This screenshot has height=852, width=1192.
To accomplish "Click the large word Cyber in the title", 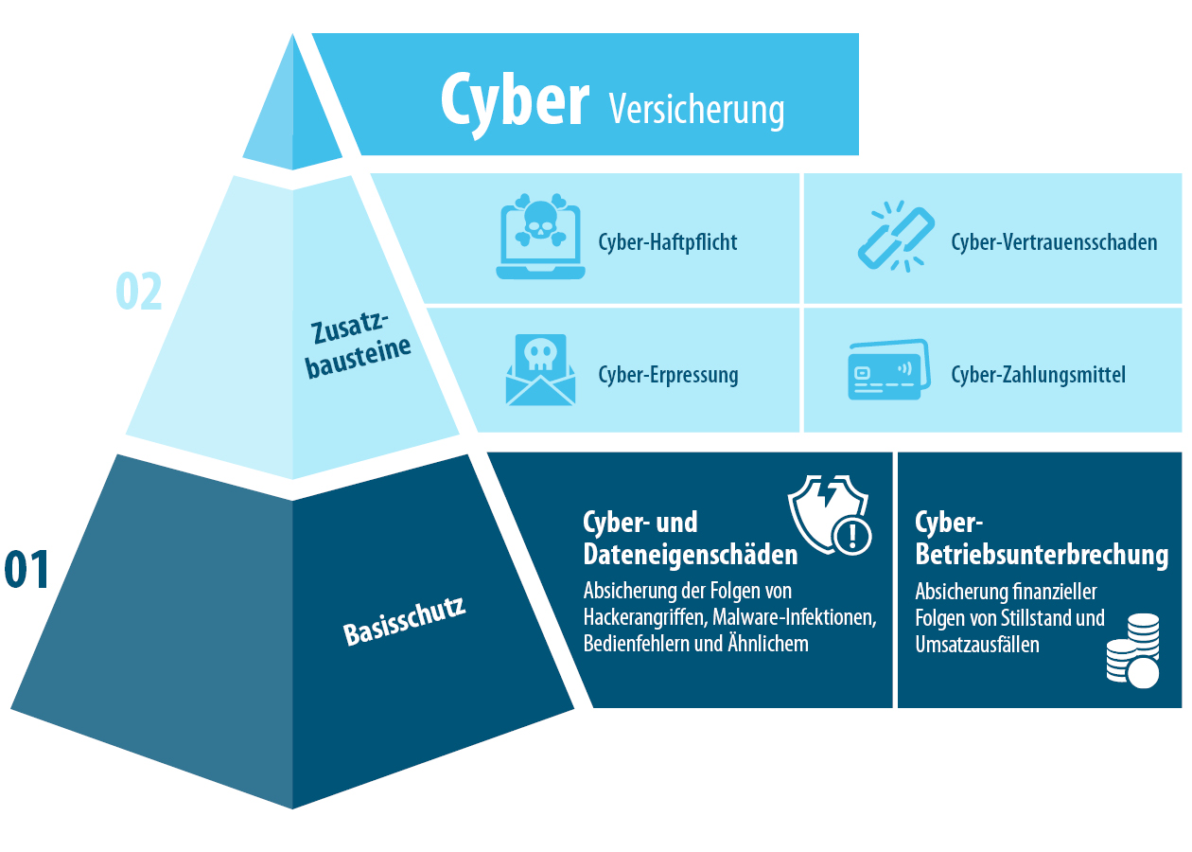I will (x=515, y=99).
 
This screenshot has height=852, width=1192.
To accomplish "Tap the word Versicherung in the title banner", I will (x=696, y=109).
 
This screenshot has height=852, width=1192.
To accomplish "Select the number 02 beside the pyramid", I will (x=139, y=292).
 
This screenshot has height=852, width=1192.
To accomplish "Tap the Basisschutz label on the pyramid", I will (x=405, y=620).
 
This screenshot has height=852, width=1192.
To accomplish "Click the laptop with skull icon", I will (x=540, y=237).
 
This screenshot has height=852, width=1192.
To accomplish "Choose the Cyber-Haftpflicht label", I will (x=667, y=242).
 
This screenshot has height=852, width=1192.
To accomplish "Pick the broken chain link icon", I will (x=893, y=237).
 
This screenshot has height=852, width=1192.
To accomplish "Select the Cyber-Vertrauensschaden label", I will (x=1054, y=242).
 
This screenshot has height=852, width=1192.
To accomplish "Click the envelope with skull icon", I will (x=540, y=370).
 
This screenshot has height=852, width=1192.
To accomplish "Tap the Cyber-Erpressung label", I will (x=668, y=375).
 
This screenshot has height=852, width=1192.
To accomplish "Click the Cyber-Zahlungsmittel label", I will (x=1038, y=375).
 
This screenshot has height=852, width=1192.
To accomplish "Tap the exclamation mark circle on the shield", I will (x=852, y=536).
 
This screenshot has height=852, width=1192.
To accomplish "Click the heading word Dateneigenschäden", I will (x=690, y=554).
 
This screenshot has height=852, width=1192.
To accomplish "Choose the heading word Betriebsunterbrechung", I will (x=1042, y=554).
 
